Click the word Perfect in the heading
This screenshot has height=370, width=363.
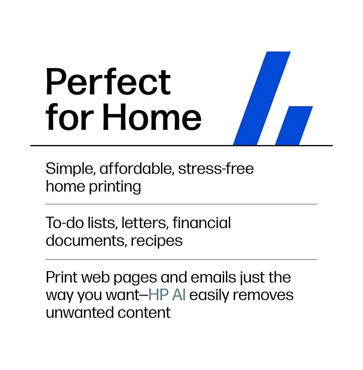pyautogui.click(x=108, y=81)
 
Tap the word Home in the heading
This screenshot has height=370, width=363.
pyautogui.click(x=152, y=117)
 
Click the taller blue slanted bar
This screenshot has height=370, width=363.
pyautogui.click(x=262, y=98)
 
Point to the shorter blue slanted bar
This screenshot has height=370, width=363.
pyautogui.click(x=294, y=125)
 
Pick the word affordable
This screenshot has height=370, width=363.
pyautogui.click(x=137, y=169)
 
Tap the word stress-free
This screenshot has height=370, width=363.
pyautogui.click(x=216, y=169)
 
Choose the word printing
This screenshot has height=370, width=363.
pyautogui.click(x=115, y=187)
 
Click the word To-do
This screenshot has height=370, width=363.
pyautogui.click(x=65, y=223)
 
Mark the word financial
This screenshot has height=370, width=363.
pyautogui.click(x=201, y=223)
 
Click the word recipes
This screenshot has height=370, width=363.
pyautogui.click(x=157, y=241)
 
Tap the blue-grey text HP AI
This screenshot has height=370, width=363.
pyautogui.click(x=167, y=295)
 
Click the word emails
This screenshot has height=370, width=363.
pyautogui.click(x=213, y=277)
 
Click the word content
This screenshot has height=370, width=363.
pyautogui.click(x=144, y=313)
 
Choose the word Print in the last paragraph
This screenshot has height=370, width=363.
pyautogui.click(x=61, y=277)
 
